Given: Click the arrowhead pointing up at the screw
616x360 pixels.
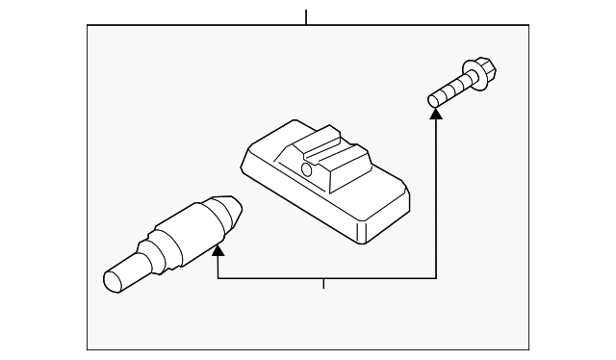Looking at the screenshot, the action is tap(436, 115).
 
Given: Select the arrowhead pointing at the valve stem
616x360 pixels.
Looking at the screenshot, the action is tap(218, 252).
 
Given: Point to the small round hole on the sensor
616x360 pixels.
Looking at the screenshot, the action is tap(307, 170).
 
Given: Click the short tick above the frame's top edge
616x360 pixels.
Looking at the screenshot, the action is tap(306, 16).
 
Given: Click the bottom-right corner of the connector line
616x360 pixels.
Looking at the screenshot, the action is tap(436, 278).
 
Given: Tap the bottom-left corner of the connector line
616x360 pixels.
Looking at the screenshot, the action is tap(218, 278).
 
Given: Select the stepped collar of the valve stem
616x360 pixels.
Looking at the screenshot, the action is tap(150, 252).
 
